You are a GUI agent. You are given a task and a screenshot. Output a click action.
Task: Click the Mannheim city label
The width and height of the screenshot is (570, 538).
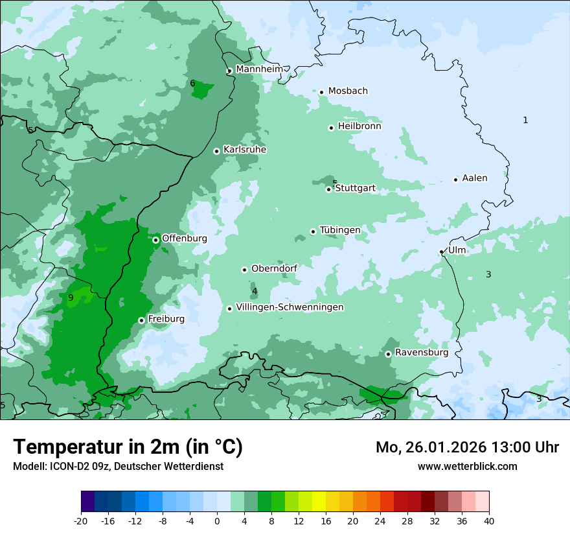tap(259, 69)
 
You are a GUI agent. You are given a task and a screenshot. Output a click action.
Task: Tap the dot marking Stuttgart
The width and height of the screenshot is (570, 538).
tap(328, 189)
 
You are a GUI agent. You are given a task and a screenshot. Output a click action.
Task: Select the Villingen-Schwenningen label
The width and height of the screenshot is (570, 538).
tap(290, 307)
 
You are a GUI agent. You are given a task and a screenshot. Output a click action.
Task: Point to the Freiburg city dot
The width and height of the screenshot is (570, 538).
tap(141, 320)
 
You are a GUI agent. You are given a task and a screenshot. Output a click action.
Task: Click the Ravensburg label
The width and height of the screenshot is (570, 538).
tap(422, 353)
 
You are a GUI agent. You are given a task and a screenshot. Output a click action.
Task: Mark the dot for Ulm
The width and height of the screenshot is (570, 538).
tap(442, 251)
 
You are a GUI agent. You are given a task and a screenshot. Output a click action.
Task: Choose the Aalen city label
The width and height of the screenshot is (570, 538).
tap(475, 178)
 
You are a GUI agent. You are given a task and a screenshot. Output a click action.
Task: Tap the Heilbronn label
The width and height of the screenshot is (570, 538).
tap(359, 126)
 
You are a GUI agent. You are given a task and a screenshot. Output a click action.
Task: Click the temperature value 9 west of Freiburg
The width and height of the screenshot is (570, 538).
tap(71, 298)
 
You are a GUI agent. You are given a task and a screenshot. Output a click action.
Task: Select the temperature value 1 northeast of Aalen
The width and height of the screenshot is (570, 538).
tap(525, 120)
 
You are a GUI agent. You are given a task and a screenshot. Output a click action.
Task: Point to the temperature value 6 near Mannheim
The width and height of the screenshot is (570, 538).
tap(192, 83)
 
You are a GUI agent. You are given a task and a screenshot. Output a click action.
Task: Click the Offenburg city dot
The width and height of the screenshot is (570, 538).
tap(155, 240)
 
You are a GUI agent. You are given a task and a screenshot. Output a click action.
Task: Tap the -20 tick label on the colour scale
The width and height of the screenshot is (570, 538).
tap(81, 520)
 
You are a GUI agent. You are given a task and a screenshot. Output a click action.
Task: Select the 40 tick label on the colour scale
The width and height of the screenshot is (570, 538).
tap(489, 520)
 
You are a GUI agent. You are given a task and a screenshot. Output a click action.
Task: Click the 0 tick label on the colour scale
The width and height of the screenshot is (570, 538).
tap(217, 520)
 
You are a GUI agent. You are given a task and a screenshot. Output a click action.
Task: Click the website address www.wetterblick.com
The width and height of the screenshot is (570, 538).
tap(467, 466)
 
